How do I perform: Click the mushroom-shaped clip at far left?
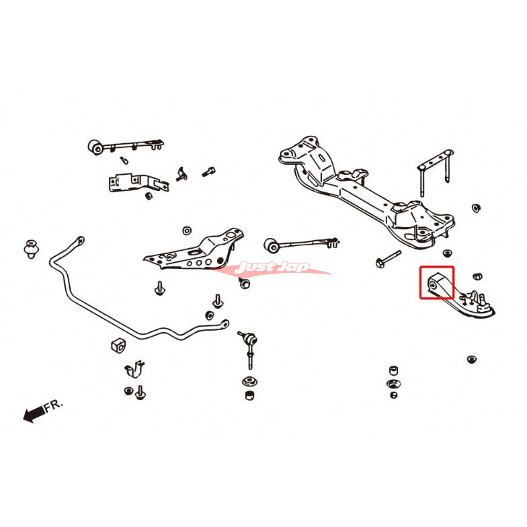[x=30, y=247]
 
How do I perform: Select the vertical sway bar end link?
[x=247, y=349]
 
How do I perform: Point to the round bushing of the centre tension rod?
[x=272, y=243]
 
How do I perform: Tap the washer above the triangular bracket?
[x=186, y=230]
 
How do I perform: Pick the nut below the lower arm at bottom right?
[x=472, y=360]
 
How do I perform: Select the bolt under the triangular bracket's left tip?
[x=159, y=287]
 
